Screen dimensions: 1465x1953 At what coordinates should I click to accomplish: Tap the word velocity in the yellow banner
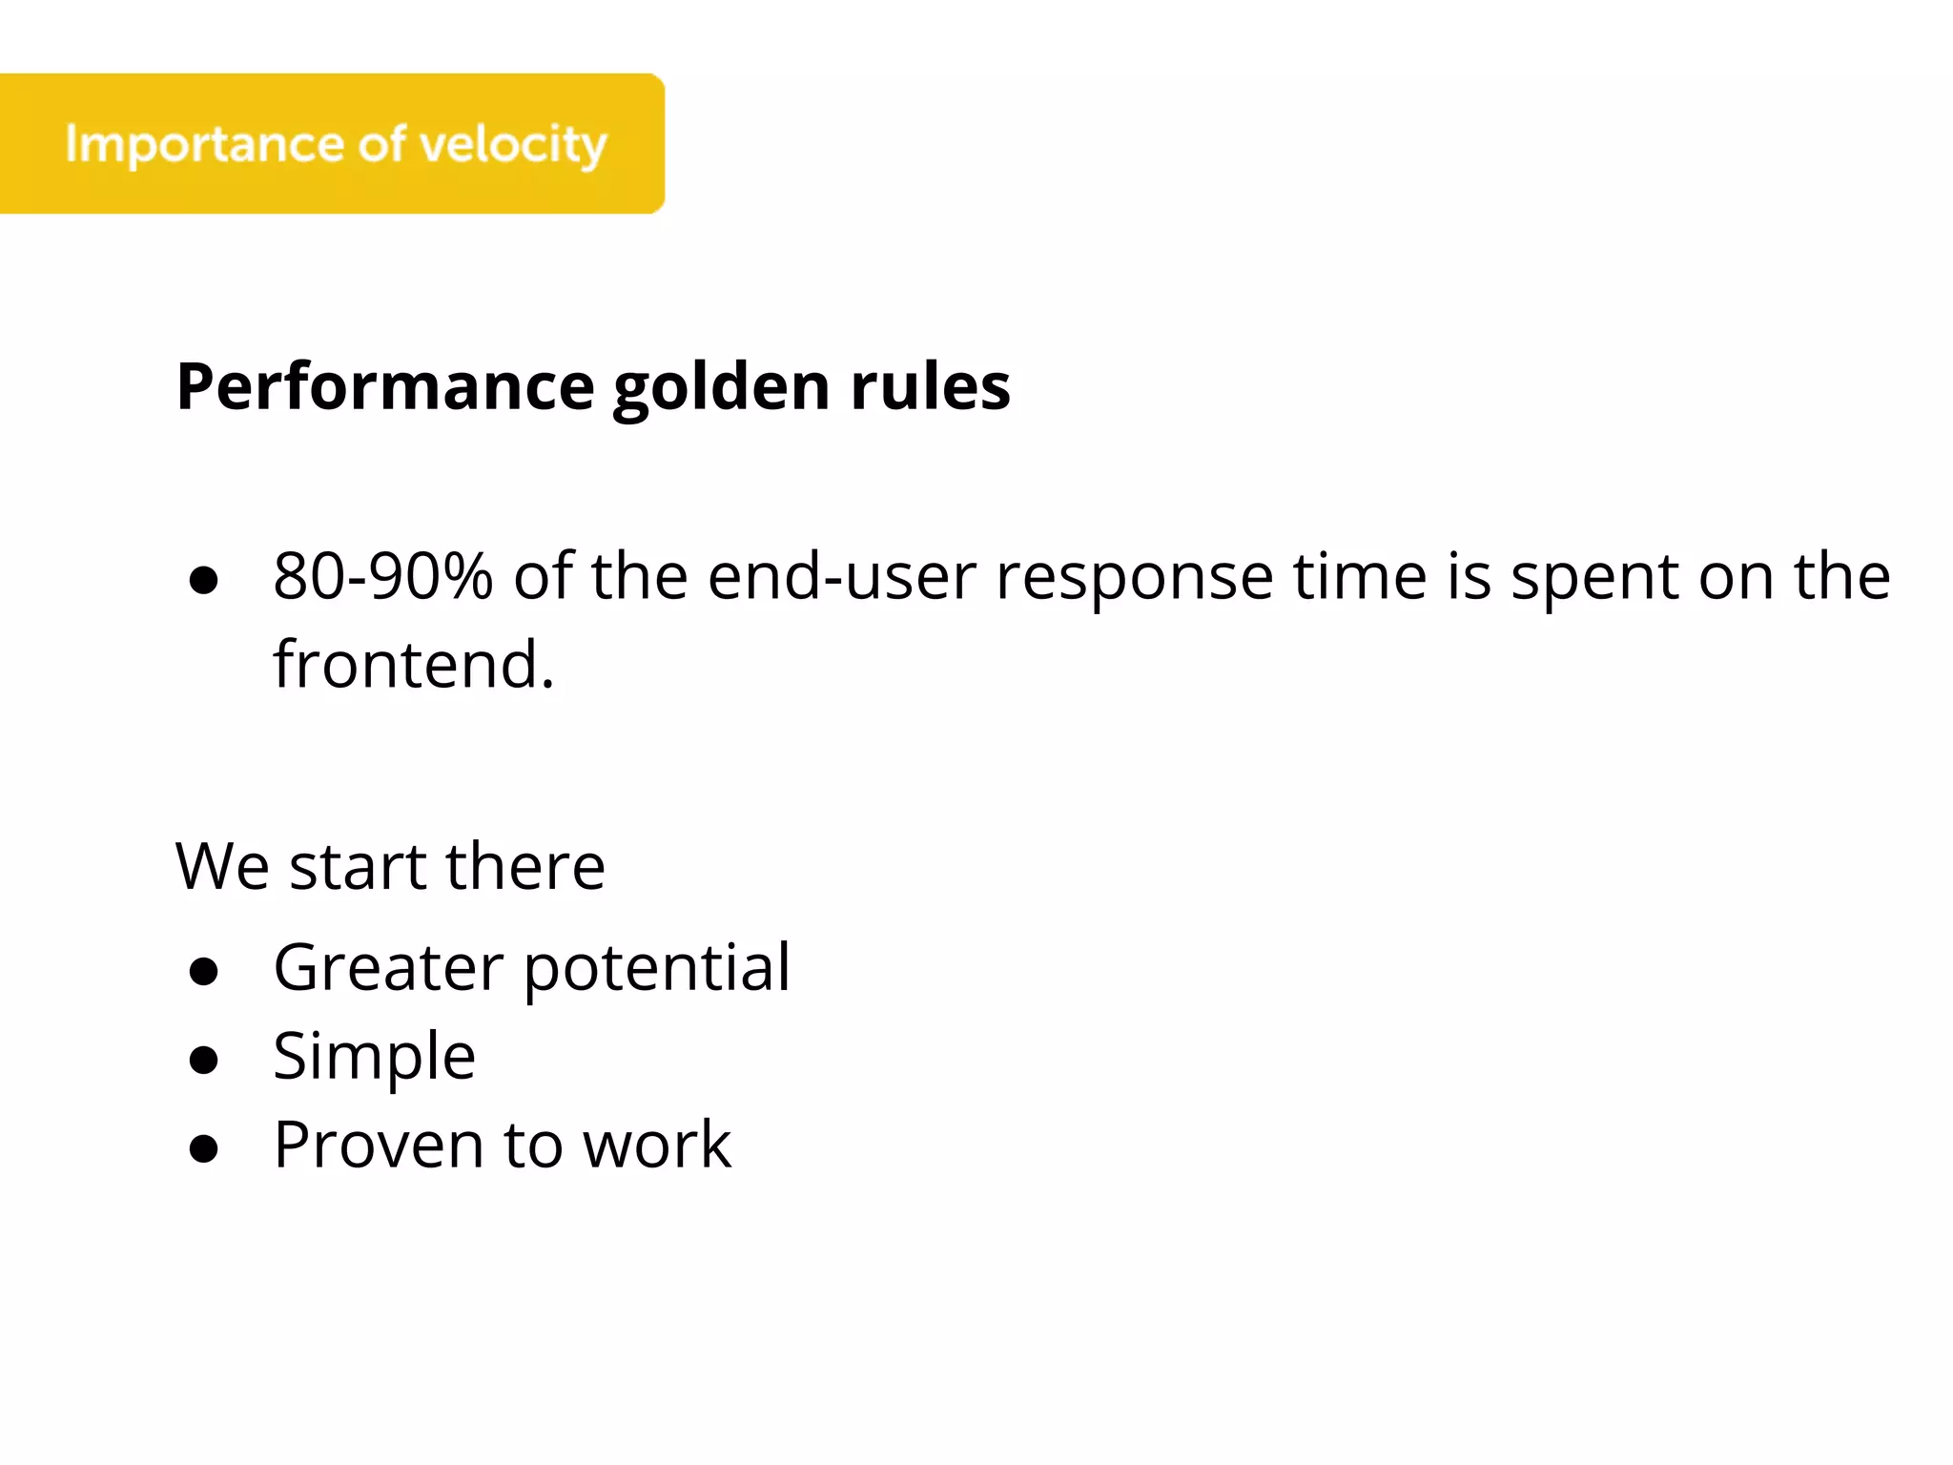[512, 145]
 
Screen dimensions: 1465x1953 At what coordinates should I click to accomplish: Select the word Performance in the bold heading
[385, 387]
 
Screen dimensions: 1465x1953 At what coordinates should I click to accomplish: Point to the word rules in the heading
[929, 387]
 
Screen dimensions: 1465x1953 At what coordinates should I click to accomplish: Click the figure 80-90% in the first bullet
[382, 576]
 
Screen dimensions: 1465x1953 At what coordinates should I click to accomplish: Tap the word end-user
[842, 576]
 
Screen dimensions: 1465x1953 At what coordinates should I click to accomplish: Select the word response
[1134, 578]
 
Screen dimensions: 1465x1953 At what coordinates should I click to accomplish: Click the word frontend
[413, 664]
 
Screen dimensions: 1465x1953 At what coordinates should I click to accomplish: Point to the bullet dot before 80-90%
[204, 580]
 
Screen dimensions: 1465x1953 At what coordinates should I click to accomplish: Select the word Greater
[388, 967]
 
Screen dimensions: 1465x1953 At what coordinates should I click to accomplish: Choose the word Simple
[374, 1057]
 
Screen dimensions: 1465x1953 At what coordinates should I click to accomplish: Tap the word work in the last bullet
[657, 1145]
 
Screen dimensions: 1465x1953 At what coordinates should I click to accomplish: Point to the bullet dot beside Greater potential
[204, 972]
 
